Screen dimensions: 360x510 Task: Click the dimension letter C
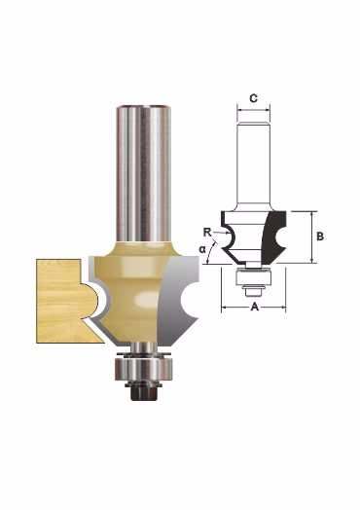254,98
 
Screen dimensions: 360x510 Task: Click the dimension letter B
320,237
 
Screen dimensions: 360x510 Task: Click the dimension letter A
254,307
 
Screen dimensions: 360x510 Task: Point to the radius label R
207,233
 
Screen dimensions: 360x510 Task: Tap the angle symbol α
202,249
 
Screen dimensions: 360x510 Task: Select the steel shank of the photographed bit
144,174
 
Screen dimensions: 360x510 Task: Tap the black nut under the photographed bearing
144,391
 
